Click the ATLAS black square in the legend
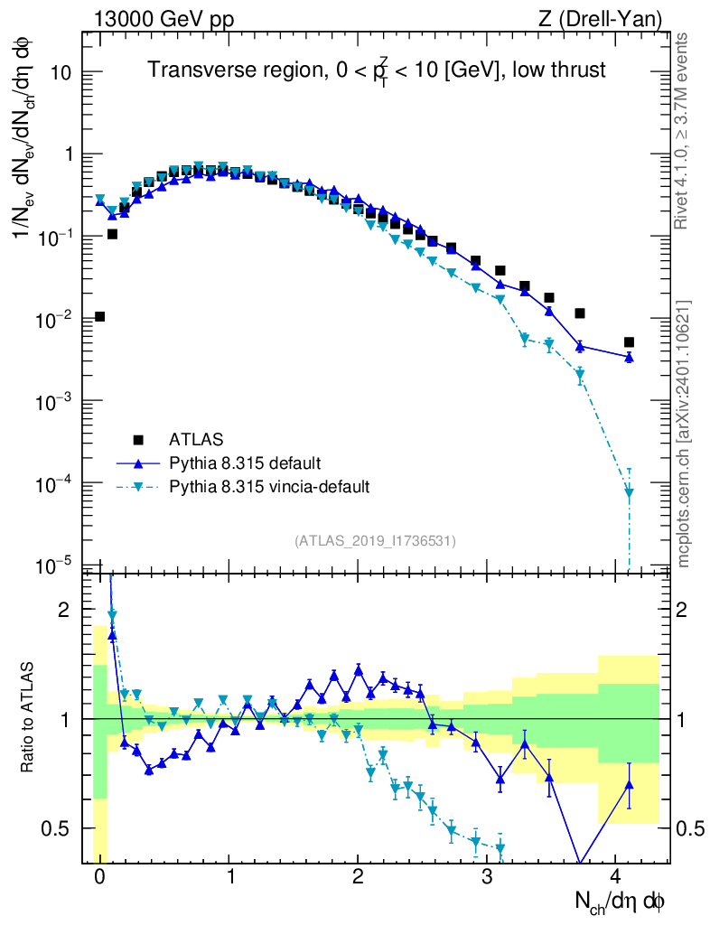pos(138,440)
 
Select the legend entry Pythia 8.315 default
pos(244,463)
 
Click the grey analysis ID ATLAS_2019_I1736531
pos(375,540)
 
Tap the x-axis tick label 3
pos(487,874)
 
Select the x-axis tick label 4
pos(616,874)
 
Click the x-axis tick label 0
pos(99,874)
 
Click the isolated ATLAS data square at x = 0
pos(99,316)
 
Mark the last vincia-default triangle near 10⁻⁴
pos(629,493)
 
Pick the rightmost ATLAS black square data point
pos(629,342)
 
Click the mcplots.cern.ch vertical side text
pos(684,434)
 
